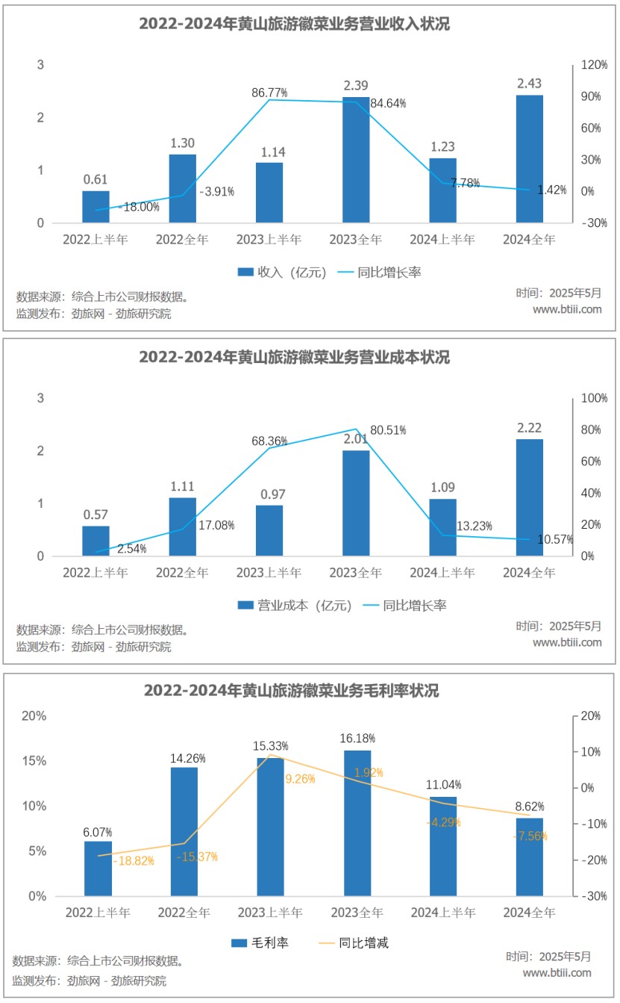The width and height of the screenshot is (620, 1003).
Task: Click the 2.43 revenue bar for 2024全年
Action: [x=529, y=158]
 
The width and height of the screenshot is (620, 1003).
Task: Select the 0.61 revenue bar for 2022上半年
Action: [x=95, y=207]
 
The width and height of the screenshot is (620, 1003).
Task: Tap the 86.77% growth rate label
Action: [x=269, y=93]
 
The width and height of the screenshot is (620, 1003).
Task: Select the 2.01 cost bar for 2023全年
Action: [x=356, y=503]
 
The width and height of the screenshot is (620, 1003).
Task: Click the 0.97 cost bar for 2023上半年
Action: [x=269, y=530]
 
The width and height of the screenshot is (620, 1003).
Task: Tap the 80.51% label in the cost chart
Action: [x=392, y=430]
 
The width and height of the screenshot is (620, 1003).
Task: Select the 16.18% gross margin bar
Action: [x=357, y=822]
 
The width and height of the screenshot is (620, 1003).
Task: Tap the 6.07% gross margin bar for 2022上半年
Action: [x=98, y=868]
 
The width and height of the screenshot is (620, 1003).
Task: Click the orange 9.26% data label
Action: [x=300, y=779]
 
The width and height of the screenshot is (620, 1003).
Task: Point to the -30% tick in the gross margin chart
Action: [x=588, y=896]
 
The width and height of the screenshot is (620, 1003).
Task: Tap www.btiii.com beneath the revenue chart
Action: [x=567, y=309]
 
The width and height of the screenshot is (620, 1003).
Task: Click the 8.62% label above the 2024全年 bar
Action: [x=529, y=807]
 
